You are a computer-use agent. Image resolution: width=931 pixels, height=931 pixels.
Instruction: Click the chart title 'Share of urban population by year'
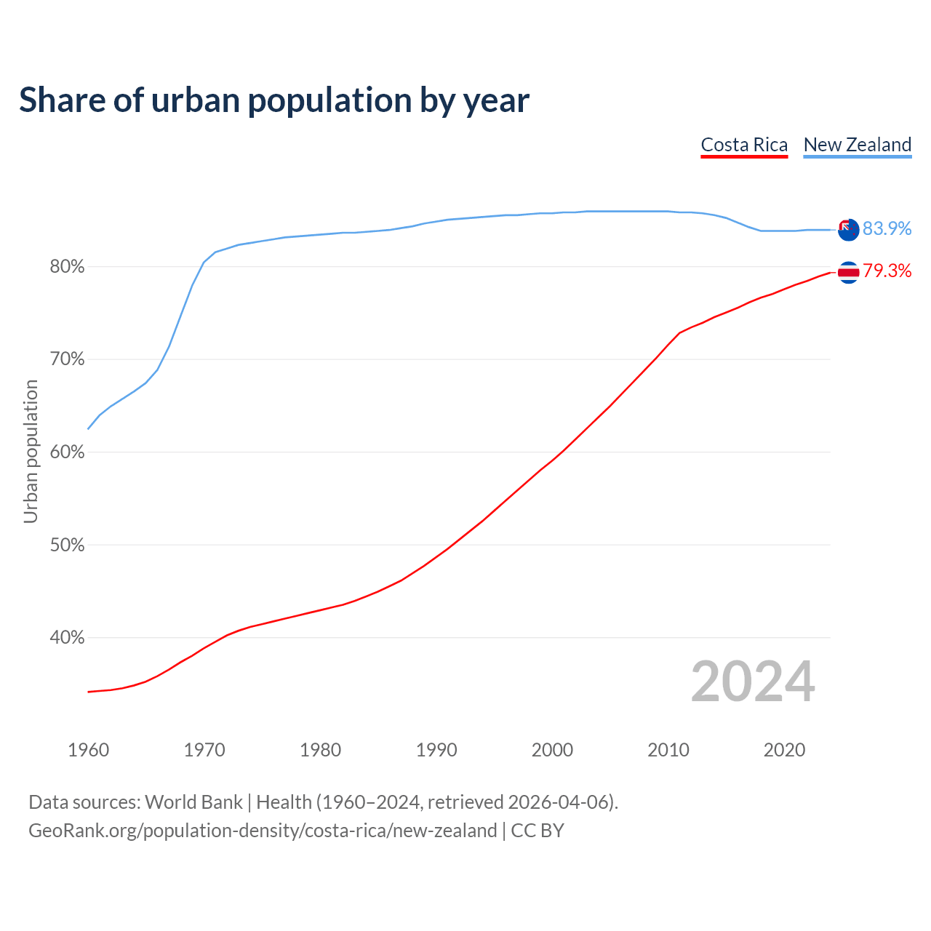point(274,100)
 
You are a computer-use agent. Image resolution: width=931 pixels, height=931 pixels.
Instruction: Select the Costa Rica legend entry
point(744,145)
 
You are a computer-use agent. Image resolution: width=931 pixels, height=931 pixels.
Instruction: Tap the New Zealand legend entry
point(857,145)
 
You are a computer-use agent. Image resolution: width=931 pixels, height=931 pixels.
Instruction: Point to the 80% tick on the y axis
point(67,267)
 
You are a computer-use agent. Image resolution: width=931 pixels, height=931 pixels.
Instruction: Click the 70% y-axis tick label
point(67,359)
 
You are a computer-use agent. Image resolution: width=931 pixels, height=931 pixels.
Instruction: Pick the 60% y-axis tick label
point(67,452)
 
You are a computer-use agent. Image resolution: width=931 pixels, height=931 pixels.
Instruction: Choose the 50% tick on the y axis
point(67,545)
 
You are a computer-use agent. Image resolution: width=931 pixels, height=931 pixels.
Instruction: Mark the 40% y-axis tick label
point(67,638)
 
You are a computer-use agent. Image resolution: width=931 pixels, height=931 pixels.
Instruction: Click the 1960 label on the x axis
point(89,750)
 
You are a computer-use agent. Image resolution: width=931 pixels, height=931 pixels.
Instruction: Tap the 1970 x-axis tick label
point(204,750)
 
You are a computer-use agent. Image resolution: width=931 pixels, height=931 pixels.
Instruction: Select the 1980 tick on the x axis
point(321,750)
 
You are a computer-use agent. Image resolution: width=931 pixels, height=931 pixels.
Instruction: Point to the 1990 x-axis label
point(436,750)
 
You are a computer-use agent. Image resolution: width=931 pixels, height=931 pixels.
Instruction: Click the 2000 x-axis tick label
point(553,750)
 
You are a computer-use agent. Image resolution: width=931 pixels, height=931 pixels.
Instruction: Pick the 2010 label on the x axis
point(668,750)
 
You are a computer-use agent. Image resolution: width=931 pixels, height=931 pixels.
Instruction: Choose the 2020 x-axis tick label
point(784,750)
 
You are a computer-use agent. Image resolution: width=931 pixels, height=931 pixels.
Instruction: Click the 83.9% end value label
point(887,228)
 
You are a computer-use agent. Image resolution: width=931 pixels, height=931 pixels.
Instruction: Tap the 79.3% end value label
point(887,271)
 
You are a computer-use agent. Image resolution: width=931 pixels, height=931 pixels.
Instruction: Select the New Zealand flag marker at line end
point(848,229)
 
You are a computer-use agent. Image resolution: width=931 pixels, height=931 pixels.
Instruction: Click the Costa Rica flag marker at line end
point(848,272)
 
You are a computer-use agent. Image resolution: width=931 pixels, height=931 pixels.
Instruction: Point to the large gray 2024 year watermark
point(753,682)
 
